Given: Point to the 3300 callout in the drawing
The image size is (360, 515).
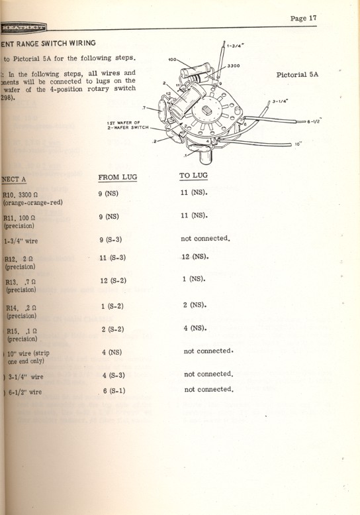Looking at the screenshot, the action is (233, 66).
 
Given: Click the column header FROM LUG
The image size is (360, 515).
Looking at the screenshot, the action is (117, 178).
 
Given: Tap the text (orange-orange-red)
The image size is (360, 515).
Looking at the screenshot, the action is (34, 203).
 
